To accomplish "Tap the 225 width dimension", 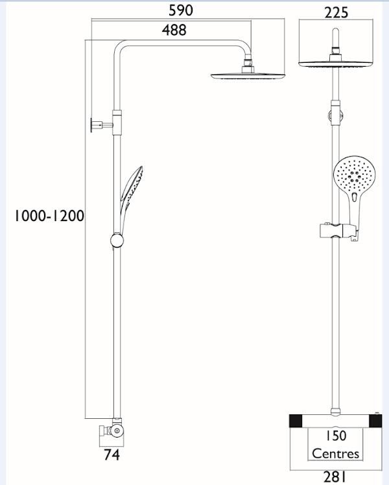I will tap(336, 12).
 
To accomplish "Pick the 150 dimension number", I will tap(335, 436).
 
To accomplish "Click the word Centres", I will tap(335, 453).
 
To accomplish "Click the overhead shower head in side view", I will tap(248, 75).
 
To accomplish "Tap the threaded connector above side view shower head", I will tap(248, 65).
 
